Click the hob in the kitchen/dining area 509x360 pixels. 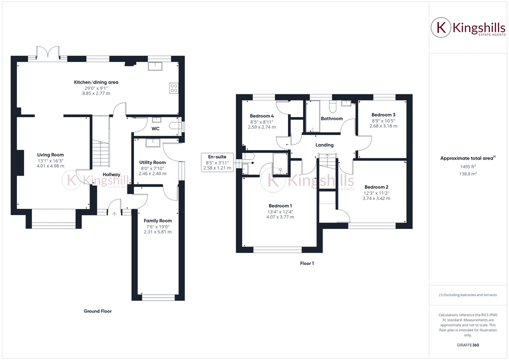(x=174, y=88)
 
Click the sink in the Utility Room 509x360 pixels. (x=152, y=142)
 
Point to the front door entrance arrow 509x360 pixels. (x=114, y=214)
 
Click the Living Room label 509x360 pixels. (x=50, y=155)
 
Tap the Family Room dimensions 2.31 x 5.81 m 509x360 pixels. (x=157, y=231)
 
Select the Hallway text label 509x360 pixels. (x=111, y=174)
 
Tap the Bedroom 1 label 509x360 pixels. (x=280, y=206)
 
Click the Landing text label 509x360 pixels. (x=324, y=145)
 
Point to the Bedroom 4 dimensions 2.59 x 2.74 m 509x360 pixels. (x=261, y=127)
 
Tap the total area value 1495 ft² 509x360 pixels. (x=468, y=166)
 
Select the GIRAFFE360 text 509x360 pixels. (x=468, y=345)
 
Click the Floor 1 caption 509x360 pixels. (x=307, y=263)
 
